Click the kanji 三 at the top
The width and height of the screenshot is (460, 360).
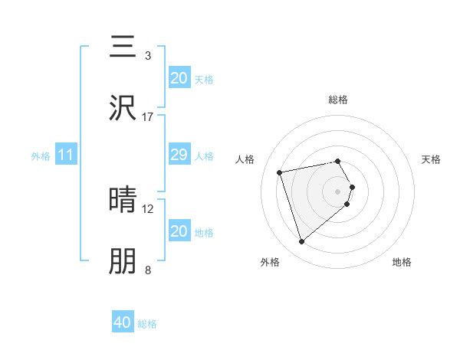(x=123, y=47)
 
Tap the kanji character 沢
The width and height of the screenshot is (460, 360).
(x=123, y=107)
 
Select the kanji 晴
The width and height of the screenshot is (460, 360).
(x=123, y=200)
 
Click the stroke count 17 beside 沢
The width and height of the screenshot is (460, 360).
(x=148, y=116)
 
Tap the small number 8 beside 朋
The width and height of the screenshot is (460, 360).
(x=148, y=270)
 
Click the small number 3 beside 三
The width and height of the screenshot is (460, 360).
(x=148, y=56)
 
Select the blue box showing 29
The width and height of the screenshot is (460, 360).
(x=179, y=155)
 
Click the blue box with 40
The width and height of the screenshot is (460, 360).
(x=123, y=322)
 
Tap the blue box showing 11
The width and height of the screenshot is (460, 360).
(x=66, y=155)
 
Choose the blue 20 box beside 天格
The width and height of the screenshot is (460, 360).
(x=179, y=77)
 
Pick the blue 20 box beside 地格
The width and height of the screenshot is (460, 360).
(x=179, y=231)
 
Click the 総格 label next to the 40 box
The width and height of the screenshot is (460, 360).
(x=147, y=324)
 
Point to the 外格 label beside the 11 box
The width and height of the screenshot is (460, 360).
(x=41, y=156)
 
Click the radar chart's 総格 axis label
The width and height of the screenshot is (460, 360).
(x=338, y=100)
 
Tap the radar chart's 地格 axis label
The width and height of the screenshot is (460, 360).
(x=402, y=262)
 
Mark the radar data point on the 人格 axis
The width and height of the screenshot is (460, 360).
(x=280, y=172)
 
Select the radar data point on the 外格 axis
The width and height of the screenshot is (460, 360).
(x=302, y=242)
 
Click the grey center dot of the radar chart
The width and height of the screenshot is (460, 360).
(x=338, y=191)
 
